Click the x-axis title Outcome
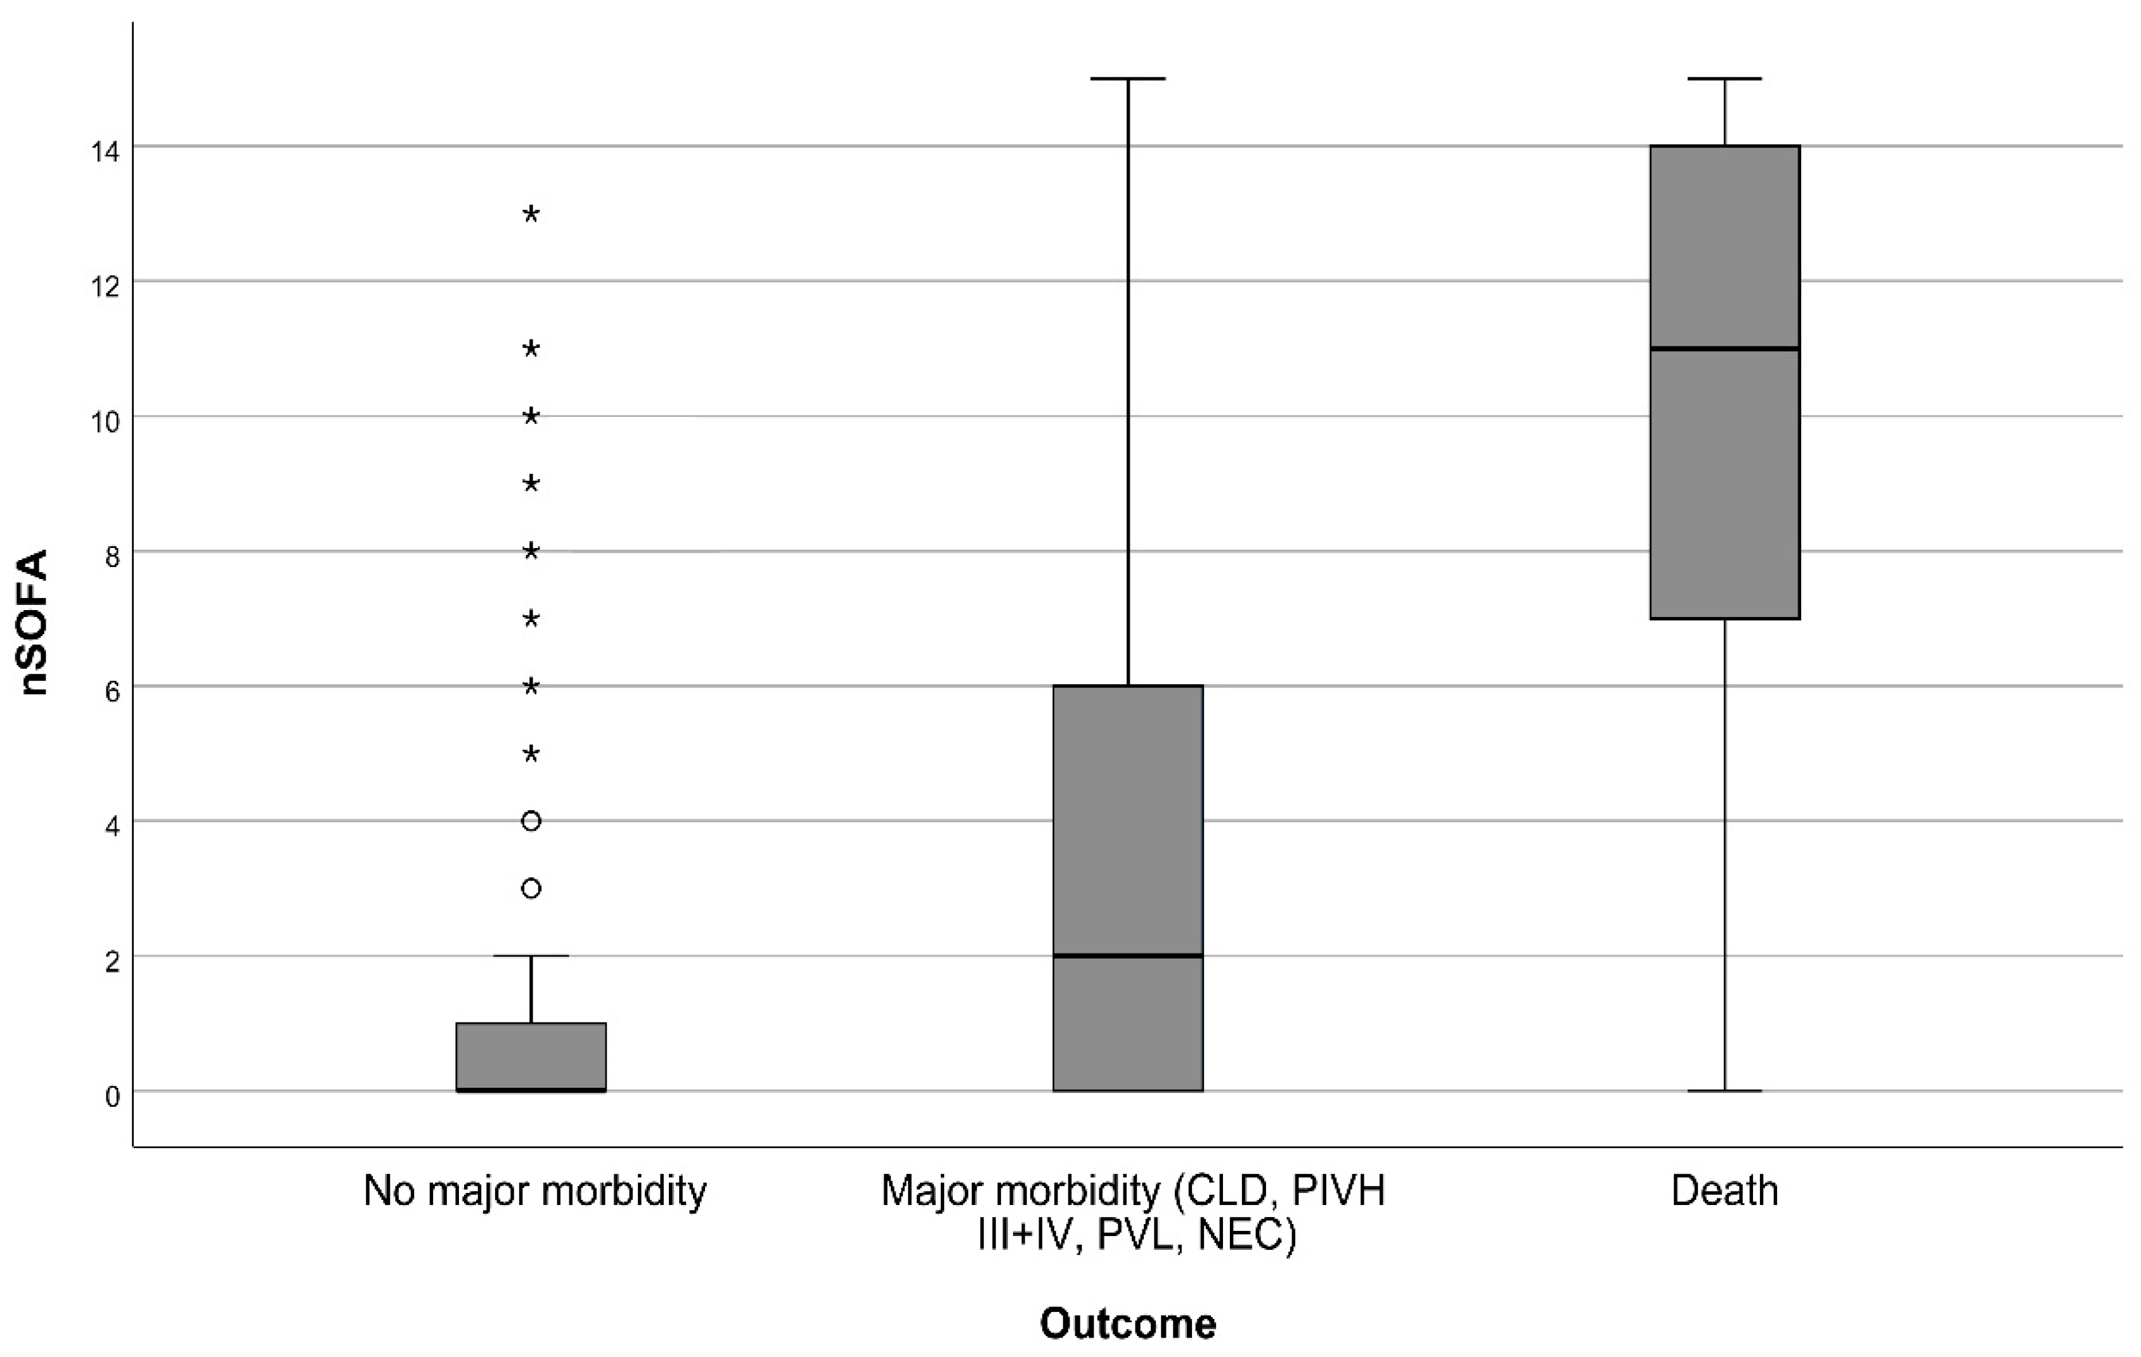(1127, 1323)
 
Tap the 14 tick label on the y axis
(105, 151)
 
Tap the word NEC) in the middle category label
(1246, 1235)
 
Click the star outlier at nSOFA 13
(531, 214)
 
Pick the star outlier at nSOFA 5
(531, 755)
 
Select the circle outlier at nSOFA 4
(531, 821)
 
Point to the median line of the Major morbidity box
(1127, 955)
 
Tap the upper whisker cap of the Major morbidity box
(1127, 79)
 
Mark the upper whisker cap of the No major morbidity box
(531, 956)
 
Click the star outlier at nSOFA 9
(531, 484)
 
